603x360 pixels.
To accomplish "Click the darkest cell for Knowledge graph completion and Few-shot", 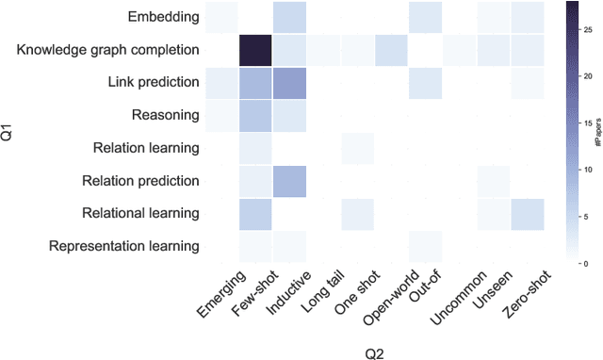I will [255, 49].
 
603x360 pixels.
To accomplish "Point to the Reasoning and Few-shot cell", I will [255, 115].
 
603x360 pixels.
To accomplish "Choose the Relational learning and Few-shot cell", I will [255, 213].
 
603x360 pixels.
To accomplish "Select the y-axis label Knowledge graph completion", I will [108, 49].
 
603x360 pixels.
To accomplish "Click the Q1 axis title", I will [9, 132].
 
